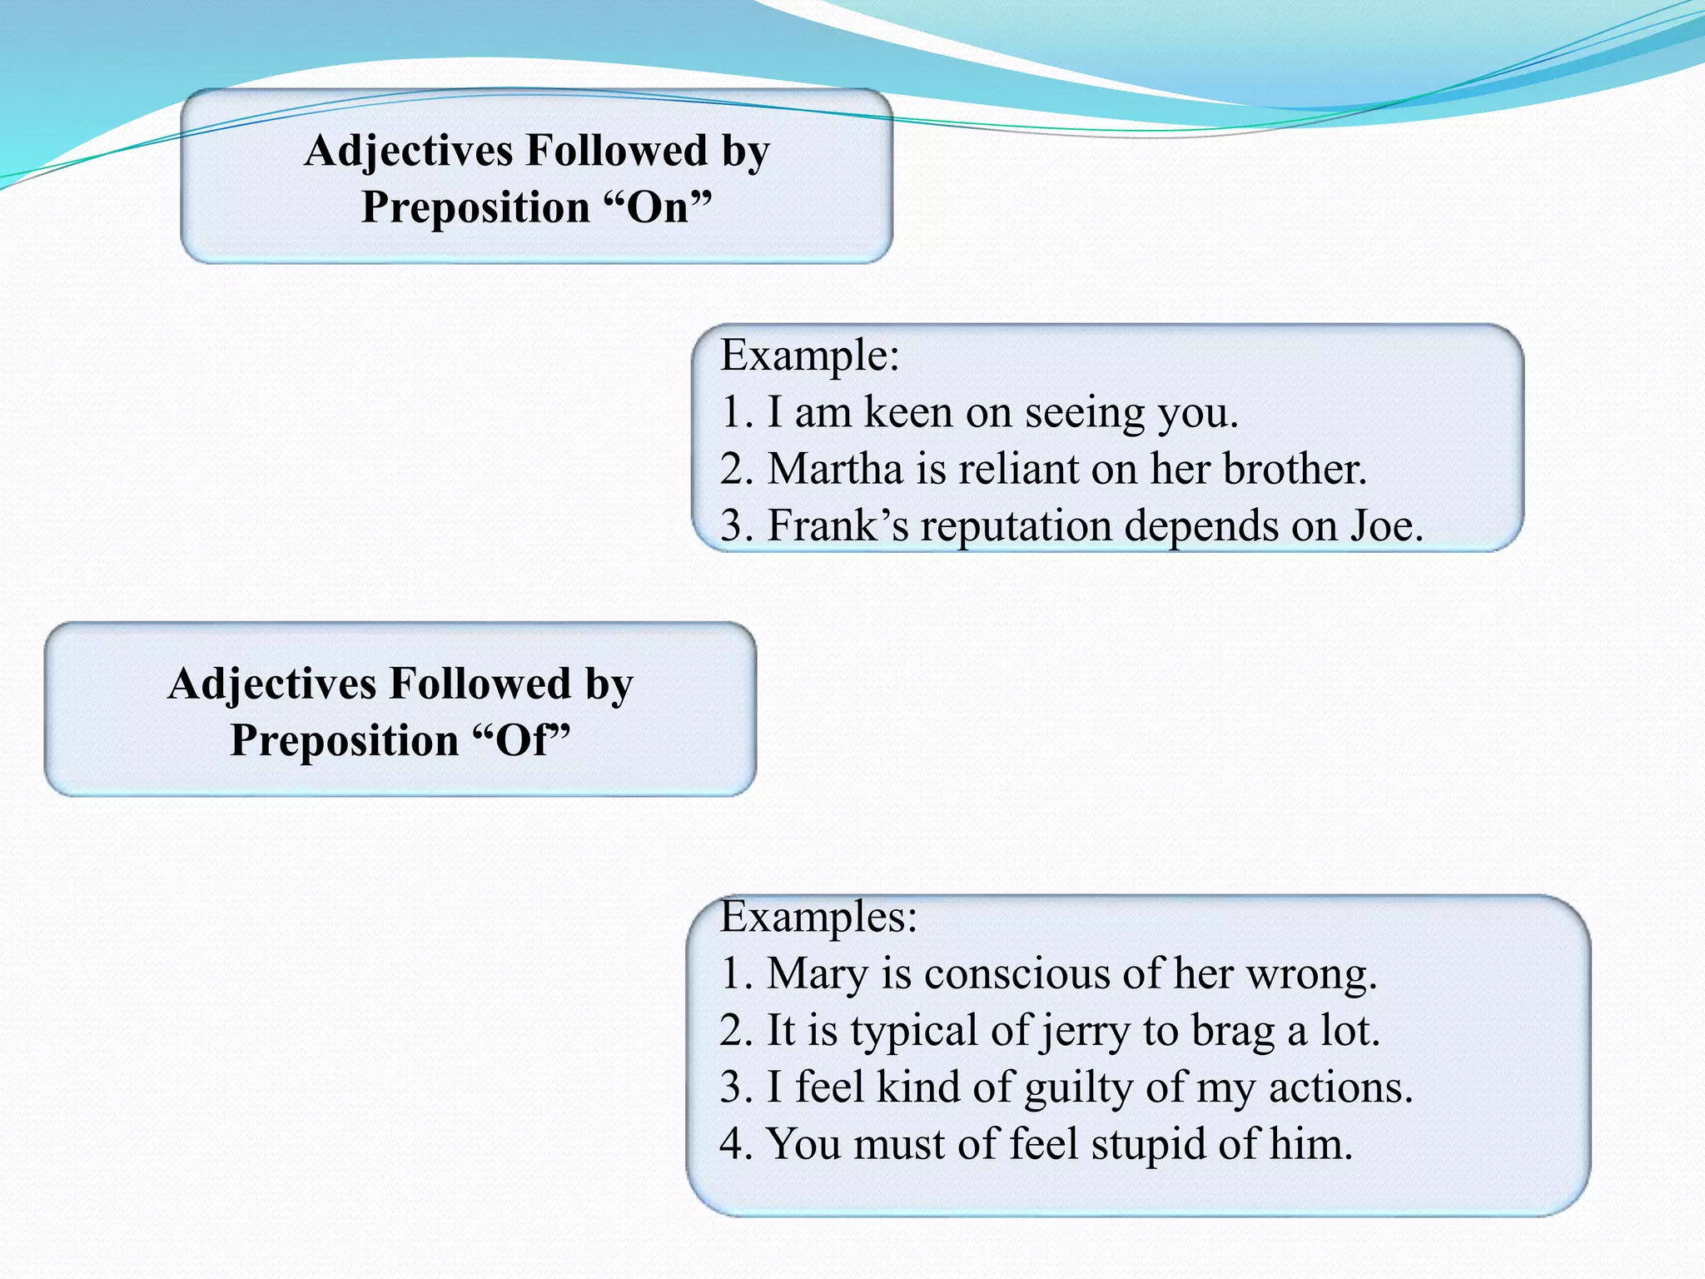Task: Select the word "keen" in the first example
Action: click(907, 412)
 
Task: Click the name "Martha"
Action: click(835, 469)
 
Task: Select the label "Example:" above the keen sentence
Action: click(809, 356)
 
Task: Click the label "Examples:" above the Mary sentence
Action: click(818, 917)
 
